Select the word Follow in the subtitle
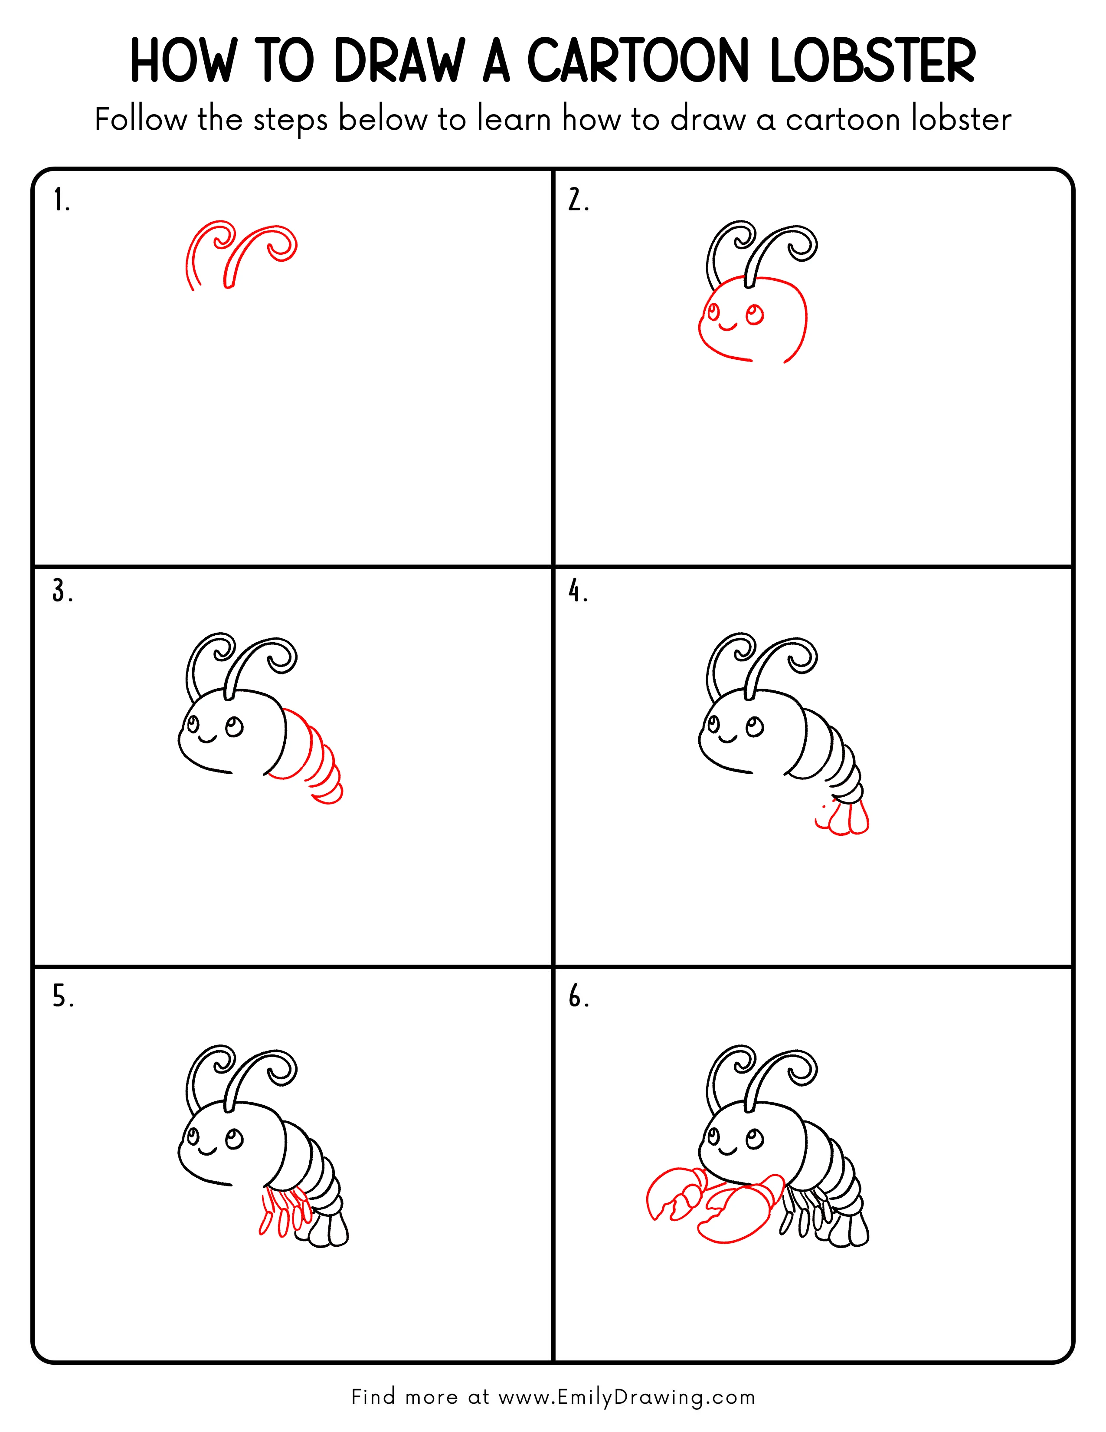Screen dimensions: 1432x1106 tap(140, 120)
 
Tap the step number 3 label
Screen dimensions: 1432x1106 tap(62, 591)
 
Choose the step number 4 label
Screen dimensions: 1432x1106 tap(578, 591)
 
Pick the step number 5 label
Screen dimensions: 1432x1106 tap(63, 997)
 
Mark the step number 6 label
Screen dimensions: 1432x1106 tap(578, 997)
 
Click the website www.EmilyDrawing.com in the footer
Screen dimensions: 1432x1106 tap(626, 1397)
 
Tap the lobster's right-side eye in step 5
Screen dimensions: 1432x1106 tap(234, 1138)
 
